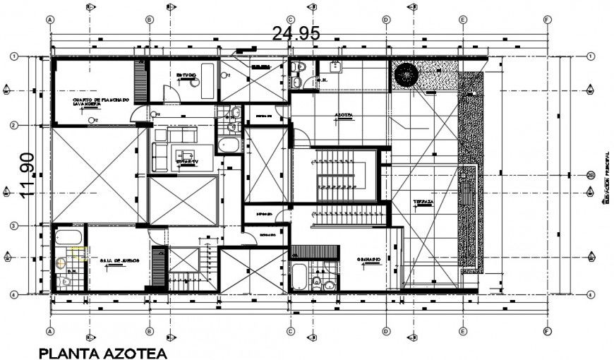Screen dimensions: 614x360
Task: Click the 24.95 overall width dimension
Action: [x=296, y=33]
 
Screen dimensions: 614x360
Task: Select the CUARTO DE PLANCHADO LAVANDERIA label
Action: [x=100, y=102]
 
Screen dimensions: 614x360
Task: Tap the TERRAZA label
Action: [x=423, y=202]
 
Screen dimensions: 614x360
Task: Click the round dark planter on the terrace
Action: [x=406, y=74]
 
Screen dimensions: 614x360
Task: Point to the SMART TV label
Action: [x=187, y=161]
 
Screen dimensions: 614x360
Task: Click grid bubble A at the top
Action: [x=50, y=20]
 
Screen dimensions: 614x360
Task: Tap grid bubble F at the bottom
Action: [x=547, y=331]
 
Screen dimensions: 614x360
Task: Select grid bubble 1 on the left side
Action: [x=13, y=56]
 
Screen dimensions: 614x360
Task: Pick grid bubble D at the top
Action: [x=386, y=20]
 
